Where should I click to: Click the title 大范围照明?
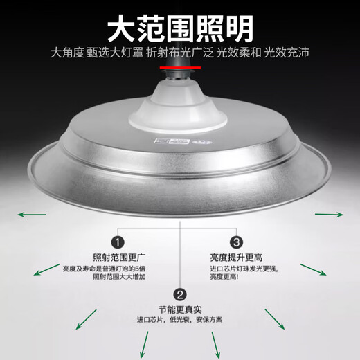[179, 28]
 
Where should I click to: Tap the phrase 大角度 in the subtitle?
[65, 53]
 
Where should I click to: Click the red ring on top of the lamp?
[179, 67]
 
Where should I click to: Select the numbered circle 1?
[118, 242]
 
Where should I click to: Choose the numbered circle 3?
[236, 242]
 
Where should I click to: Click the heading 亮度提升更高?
[236, 256]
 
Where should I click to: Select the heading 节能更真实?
[178, 309]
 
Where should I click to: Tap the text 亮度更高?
[228, 277]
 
